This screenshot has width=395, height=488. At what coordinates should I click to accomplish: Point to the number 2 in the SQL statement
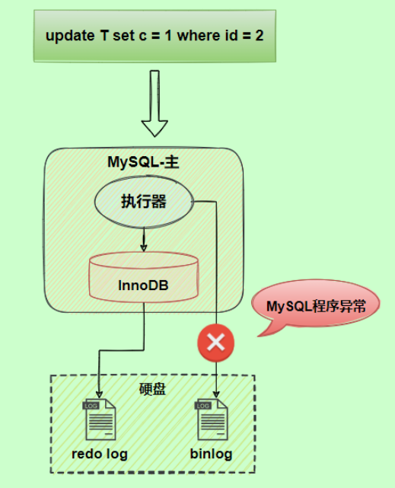click(x=260, y=36)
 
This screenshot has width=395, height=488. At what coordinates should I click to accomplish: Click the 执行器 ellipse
click(x=144, y=202)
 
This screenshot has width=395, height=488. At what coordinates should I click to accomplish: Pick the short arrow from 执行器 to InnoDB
click(x=144, y=241)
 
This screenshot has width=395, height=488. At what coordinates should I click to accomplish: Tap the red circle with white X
click(x=216, y=343)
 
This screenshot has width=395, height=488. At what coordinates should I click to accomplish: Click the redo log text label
click(x=100, y=455)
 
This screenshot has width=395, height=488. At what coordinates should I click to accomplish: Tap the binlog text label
click(x=211, y=455)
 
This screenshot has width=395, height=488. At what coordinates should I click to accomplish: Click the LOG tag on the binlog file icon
click(x=203, y=407)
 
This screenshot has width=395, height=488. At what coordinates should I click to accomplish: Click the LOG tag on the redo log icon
click(x=91, y=407)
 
